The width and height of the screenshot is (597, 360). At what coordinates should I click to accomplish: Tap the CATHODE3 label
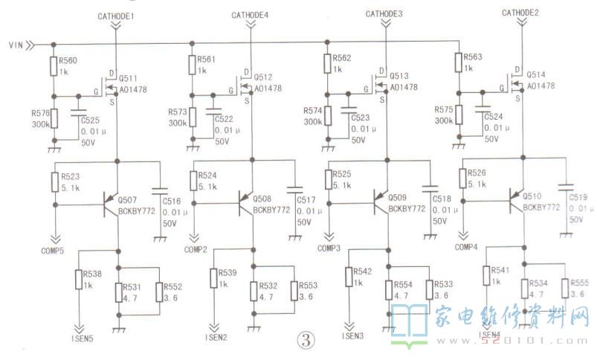tap(385, 14)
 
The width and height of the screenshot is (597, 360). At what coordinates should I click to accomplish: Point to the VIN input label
tap(16, 45)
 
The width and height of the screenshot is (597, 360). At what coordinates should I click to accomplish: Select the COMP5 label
tap(53, 250)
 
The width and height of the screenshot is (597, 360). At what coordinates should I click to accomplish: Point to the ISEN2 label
tap(216, 336)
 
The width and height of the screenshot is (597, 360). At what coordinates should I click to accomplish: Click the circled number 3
tap(306, 339)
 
